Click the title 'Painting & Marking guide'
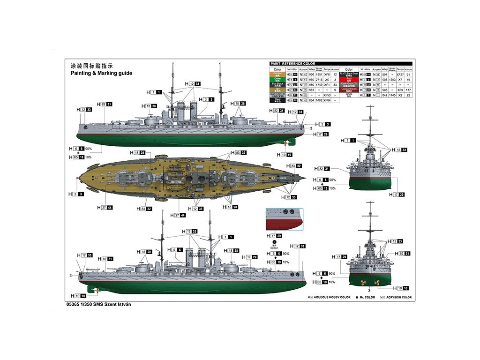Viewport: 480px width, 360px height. point(101,73)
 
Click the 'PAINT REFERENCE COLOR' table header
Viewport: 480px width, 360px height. point(293,64)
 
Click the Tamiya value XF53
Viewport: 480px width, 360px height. point(327,95)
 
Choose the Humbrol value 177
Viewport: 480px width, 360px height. point(408,89)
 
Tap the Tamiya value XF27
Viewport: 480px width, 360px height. point(400,74)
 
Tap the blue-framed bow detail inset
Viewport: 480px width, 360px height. point(285,219)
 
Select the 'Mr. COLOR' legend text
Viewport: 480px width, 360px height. point(367,297)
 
